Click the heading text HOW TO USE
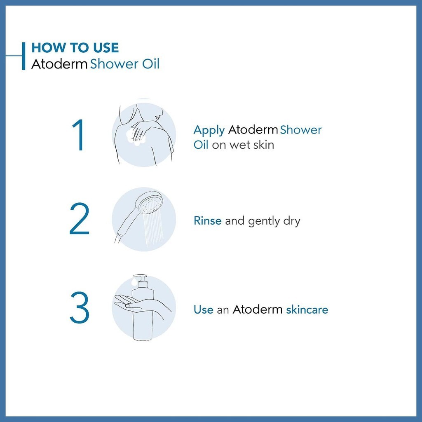(75, 48)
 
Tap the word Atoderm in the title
(59, 64)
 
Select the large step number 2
(80, 218)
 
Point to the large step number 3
(80, 307)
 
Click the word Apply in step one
(209, 131)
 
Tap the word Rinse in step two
(208, 221)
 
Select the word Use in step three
(204, 309)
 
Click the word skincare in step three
(307, 309)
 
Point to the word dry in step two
(291, 221)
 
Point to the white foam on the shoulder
(136, 137)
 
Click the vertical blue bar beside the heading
(23, 56)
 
